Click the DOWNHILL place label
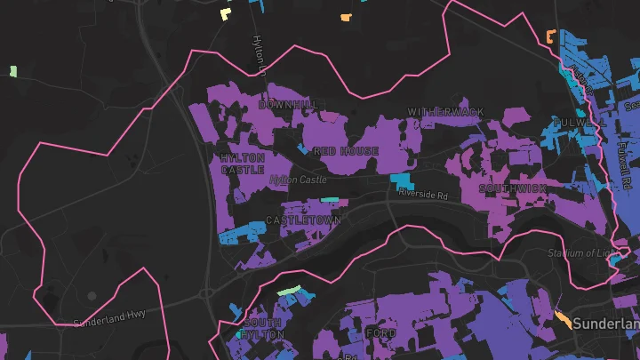[x=287, y=105]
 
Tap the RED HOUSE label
[x=346, y=151]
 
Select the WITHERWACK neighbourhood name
[x=446, y=112]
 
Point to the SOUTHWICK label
[x=511, y=189]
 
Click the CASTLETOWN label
[x=303, y=220]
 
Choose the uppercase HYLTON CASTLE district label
[x=243, y=164]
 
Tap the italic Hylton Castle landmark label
[x=298, y=180]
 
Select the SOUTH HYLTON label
[x=264, y=328]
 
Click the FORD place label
[x=380, y=333]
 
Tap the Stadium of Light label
[x=582, y=253]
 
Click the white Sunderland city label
[x=605, y=324]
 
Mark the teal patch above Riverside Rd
[x=401, y=182]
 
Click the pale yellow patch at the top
[x=225, y=14]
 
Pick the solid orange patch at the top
[x=345, y=17]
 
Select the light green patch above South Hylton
[x=290, y=291]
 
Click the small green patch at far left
[x=13, y=71]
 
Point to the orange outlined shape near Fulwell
[x=549, y=36]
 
